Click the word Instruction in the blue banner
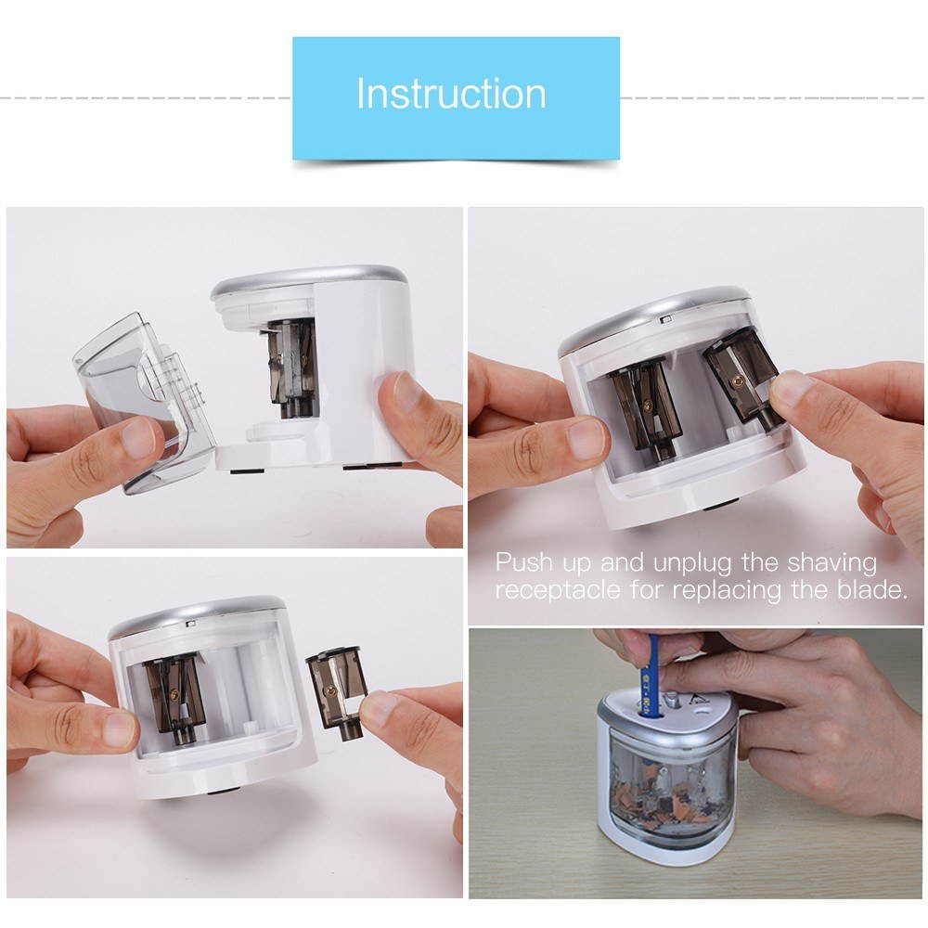(451, 95)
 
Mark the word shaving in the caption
(831, 563)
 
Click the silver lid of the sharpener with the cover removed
(306, 277)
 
